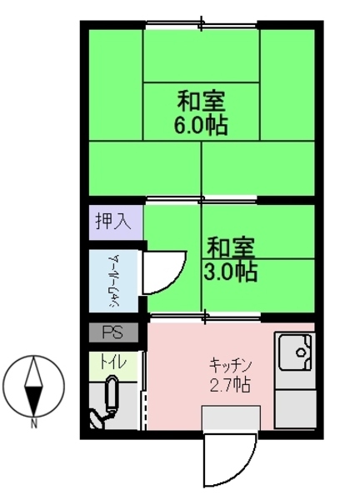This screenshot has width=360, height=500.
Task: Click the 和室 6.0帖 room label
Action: (x=201, y=112)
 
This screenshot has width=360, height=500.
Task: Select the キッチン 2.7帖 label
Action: (x=230, y=375)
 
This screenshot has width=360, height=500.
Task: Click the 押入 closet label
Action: (x=113, y=222)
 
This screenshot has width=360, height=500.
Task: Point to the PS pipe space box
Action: (x=113, y=332)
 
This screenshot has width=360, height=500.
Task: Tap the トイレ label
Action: (x=113, y=362)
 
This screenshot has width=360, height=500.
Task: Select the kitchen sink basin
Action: (x=295, y=352)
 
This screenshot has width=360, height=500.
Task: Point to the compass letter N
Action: (x=34, y=424)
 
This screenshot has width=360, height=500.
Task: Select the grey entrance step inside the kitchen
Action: (x=232, y=418)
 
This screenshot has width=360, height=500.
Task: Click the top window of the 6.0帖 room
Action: (x=202, y=24)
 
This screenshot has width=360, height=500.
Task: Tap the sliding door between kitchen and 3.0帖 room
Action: (x=206, y=317)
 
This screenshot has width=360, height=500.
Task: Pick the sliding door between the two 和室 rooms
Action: (x=202, y=200)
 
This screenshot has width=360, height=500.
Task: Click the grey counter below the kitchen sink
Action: (x=295, y=408)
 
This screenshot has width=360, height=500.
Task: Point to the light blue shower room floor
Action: (x=113, y=281)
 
